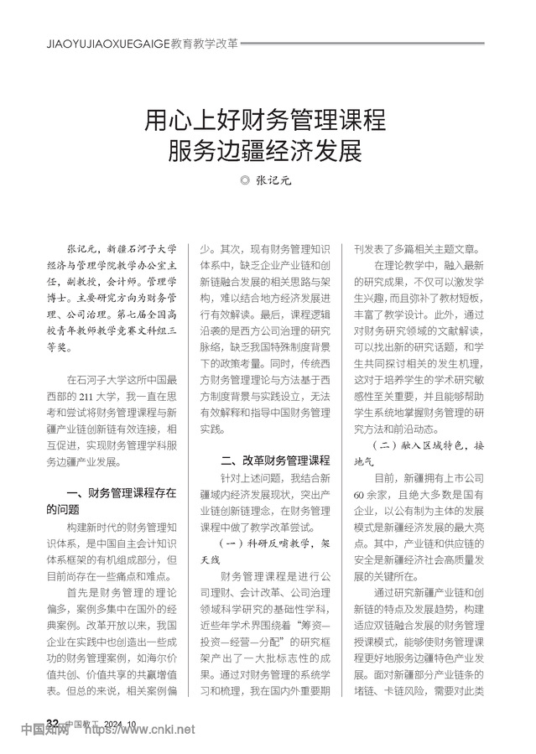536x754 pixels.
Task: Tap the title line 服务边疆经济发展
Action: coord(268,151)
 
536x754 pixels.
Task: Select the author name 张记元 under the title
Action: coord(275,179)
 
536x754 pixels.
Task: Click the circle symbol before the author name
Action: coord(245,179)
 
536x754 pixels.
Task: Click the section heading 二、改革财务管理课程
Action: coord(275,460)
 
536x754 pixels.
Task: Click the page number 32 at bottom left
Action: coord(53,723)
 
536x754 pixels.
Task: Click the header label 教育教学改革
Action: coord(204,39)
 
